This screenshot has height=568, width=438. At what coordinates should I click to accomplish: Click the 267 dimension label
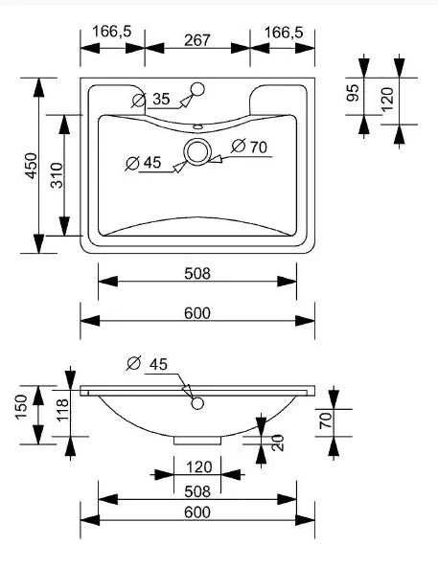pyautogui.click(x=196, y=40)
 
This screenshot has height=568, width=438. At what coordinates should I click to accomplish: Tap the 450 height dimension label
pyautogui.click(x=32, y=166)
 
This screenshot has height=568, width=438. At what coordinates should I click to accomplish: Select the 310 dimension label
pyautogui.click(x=57, y=175)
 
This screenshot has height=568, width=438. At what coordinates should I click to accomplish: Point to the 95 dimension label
pyautogui.click(x=353, y=93)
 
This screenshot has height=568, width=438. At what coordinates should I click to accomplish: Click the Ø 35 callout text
pyautogui.click(x=150, y=100)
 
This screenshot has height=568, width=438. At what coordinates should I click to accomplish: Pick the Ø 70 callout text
pyautogui.click(x=249, y=147)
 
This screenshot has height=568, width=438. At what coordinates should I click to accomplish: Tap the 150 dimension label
pyautogui.click(x=21, y=406)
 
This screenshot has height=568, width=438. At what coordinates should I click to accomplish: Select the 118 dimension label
pyautogui.click(x=62, y=410)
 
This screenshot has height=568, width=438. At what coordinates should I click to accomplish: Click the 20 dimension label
pyautogui.click(x=278, y=443)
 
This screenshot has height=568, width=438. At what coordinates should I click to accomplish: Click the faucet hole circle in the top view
pyautogui.click(x=197, y=89)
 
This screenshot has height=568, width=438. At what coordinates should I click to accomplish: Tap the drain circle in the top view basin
pyautogui.click(x=197, y=151)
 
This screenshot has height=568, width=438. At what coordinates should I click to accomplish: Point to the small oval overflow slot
pyautogui.click(x=197, y=126)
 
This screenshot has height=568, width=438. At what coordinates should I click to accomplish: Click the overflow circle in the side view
pyautogui.click(x=197, y=403)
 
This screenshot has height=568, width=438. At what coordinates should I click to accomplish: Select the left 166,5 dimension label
pyautogui.click(x=112, y=32)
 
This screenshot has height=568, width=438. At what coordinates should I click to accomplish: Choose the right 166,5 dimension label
pyautogui.click(x=283, y=33)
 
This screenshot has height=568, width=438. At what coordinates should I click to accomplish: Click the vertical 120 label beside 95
pyautogui.click(x=387, y=99)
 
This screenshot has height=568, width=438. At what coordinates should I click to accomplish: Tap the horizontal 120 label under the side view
pyautogui.click(x=198, y=467)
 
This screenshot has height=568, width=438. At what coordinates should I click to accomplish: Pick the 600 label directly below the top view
pyautogui.click(x=197, y=313)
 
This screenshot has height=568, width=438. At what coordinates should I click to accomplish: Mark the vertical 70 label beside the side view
pyautogui.click(x=326, y=420)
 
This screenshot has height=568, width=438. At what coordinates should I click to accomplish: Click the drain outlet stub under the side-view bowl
pyautogui.click(x=197, y=441)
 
